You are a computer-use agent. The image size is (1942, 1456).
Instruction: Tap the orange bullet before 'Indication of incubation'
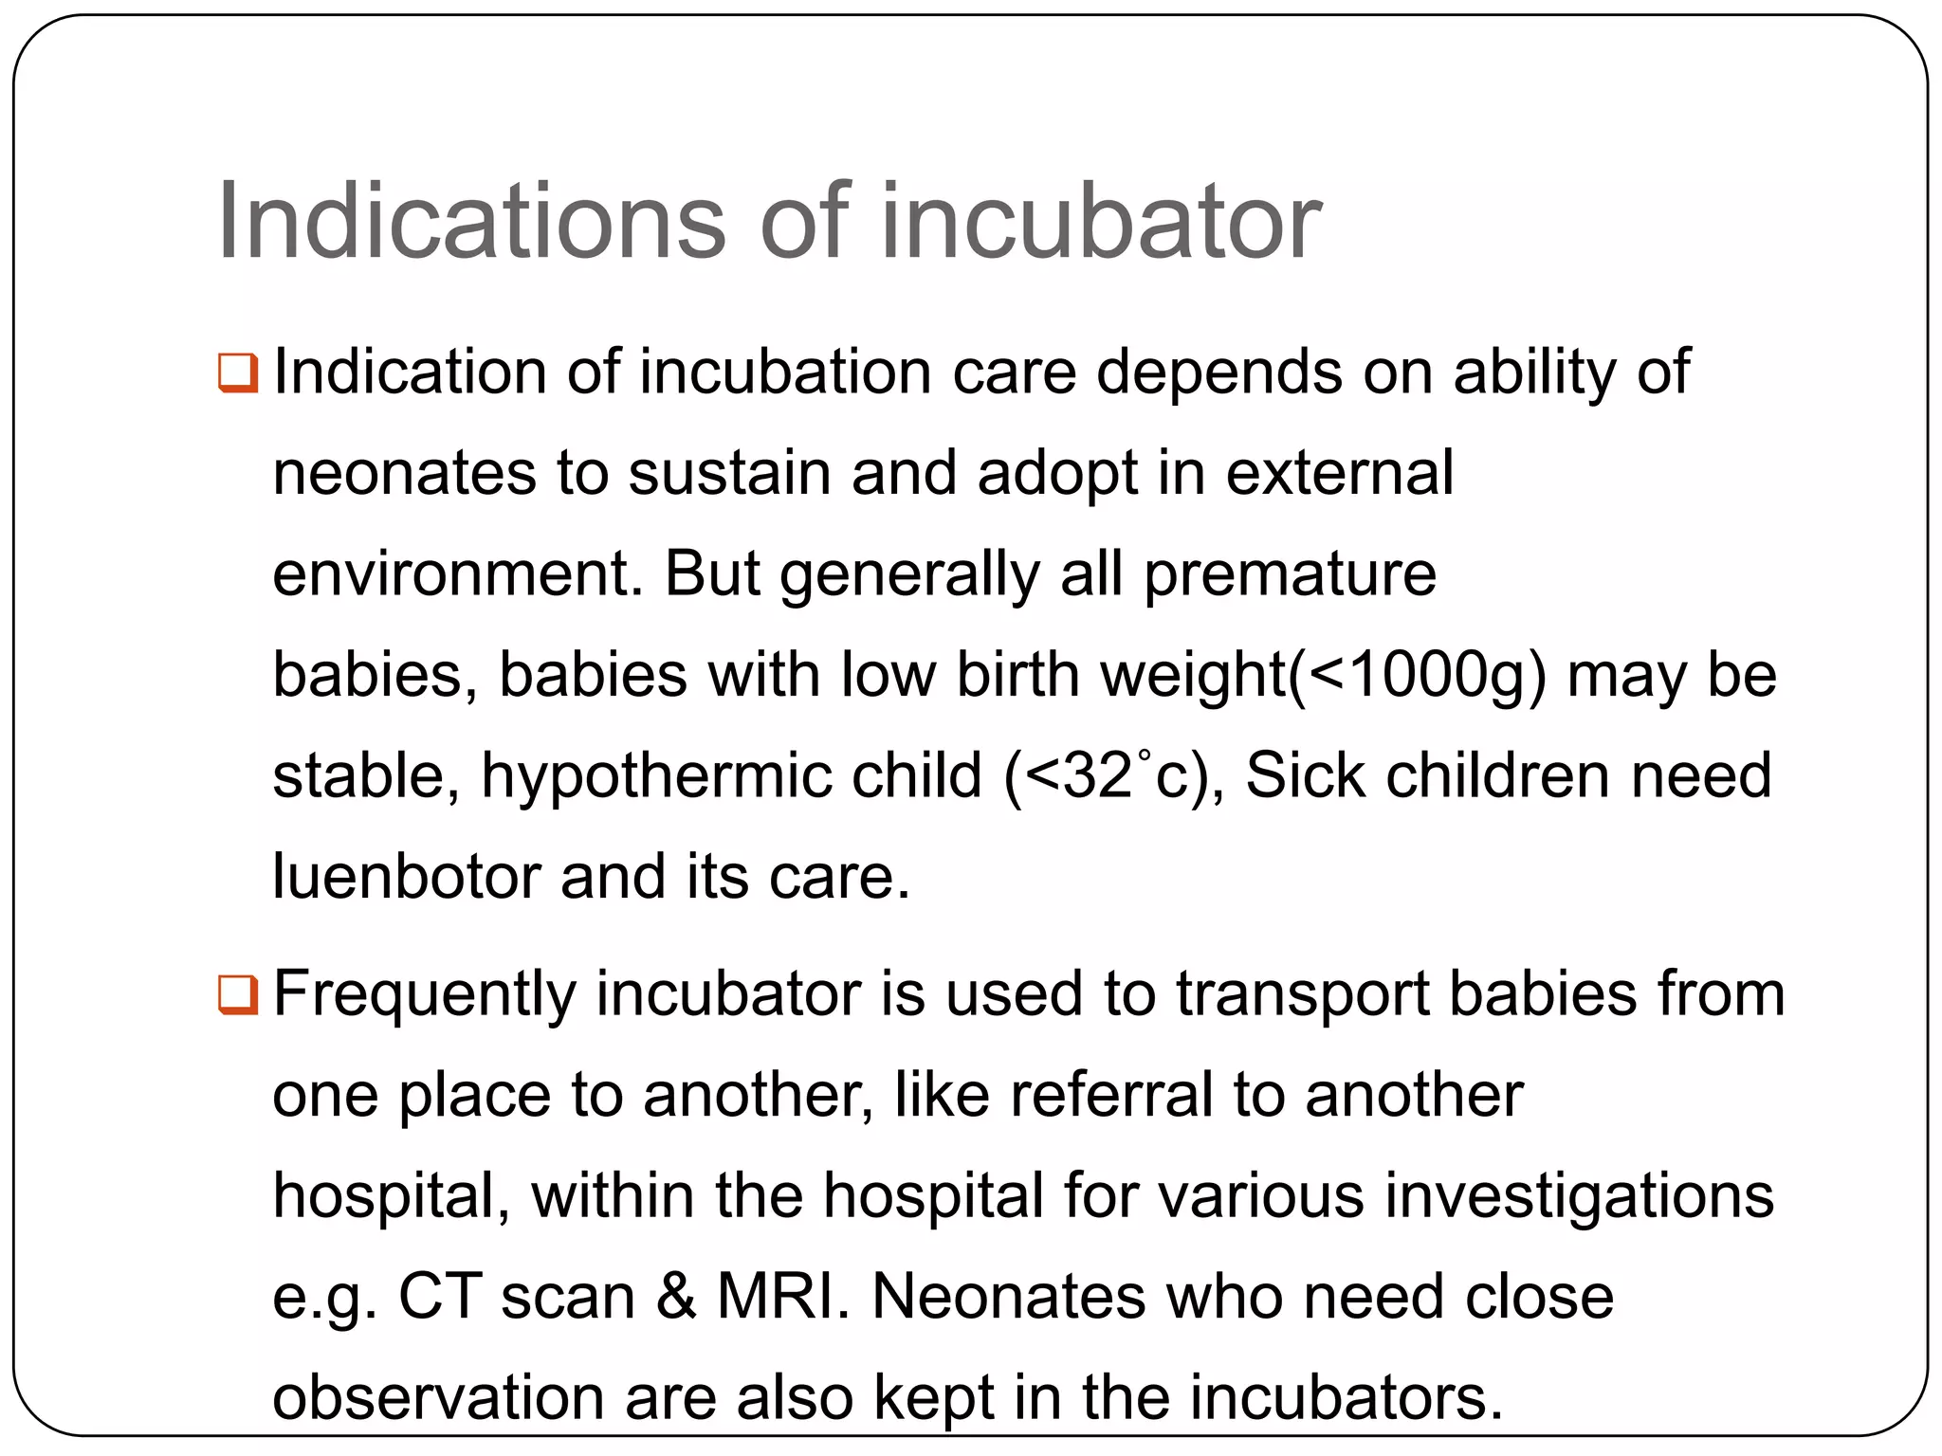(x=237, y=373)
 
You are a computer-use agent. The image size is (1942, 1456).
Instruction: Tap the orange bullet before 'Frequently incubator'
(x=237, y=995)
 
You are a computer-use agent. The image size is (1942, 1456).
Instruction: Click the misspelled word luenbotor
(x=406, y=876)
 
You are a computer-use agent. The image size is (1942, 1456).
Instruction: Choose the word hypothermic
(x=731, y=776)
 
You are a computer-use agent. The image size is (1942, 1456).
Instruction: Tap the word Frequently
(x=424, y=995)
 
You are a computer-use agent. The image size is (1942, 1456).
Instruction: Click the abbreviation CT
(x=438, y=1297)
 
